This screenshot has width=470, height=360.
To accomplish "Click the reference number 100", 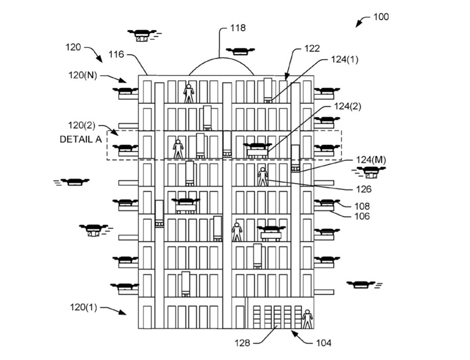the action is click(x=381, y=16).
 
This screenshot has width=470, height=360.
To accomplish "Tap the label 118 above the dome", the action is click(x=238, y=28).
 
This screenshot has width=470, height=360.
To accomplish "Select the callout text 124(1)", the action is click(x=345, y=60).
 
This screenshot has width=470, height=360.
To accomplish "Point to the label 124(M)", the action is click(x=371, y=160).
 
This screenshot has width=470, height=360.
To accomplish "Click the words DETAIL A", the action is click(x=81, y=139).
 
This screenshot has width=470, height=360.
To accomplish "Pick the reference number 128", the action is click(x=242, y=343).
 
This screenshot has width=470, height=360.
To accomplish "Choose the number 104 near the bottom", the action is click(x=324, y=343).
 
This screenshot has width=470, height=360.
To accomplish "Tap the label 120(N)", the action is click(x=83, y=75).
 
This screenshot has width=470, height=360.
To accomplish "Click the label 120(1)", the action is click(x=83, y=307).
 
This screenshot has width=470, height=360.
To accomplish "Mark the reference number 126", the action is click(x=364, y=189).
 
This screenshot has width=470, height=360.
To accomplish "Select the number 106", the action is click(x=362, y=216).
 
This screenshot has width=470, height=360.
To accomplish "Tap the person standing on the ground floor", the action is click(x=307, y=319).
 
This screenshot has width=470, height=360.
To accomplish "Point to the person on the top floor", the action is click(x=189, y=93).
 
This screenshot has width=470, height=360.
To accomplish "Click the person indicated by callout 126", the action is click(x=263, y=176).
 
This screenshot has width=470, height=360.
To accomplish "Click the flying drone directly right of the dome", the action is click(x=240, y=51).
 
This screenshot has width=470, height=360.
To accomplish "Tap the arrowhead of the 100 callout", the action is click(x=358, y=25).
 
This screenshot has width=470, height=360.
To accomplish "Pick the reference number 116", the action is click(x=116, y=54).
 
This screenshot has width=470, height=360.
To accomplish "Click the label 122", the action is click(x=312, y=48).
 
